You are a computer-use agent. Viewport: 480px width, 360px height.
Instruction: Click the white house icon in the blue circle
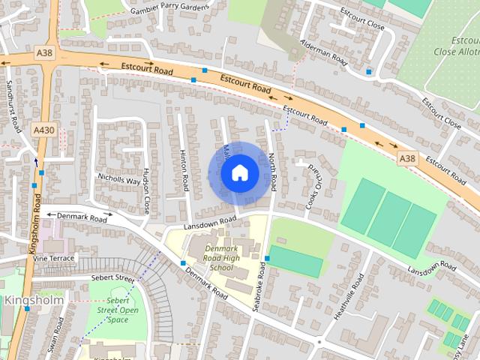click(240, 172)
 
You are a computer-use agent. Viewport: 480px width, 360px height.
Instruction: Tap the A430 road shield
click(44, 130)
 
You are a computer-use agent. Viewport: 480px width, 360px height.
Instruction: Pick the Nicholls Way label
click(118, 180)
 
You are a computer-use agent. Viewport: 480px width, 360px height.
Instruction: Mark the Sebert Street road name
click(112, 278)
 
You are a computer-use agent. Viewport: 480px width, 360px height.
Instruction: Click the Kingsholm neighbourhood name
click(34, 299)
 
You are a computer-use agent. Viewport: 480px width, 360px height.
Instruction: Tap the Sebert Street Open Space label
click(118, 310)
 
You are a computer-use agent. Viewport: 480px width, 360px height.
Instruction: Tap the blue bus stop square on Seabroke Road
click(267, 259)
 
